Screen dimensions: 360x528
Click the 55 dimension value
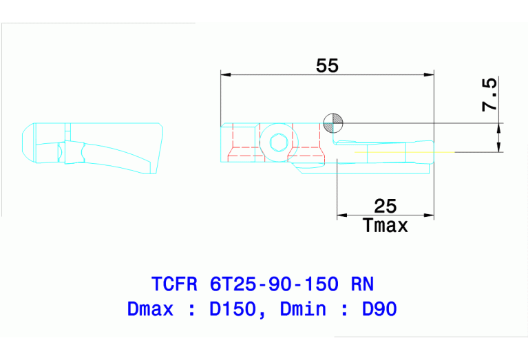point(327,65)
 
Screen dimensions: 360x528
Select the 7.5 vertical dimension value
point(489,95)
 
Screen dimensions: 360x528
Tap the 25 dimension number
point(385,206)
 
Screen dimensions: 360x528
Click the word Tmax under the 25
point(385,225)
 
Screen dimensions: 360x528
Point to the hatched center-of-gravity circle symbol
point(332,123)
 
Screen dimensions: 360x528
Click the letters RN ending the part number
point(362,284)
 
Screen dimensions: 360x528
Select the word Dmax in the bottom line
point(150,310)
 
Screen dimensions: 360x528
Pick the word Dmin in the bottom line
point(303,310)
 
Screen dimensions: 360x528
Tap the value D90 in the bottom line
point(379,310)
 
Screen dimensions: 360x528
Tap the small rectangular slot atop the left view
point(67,129)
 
